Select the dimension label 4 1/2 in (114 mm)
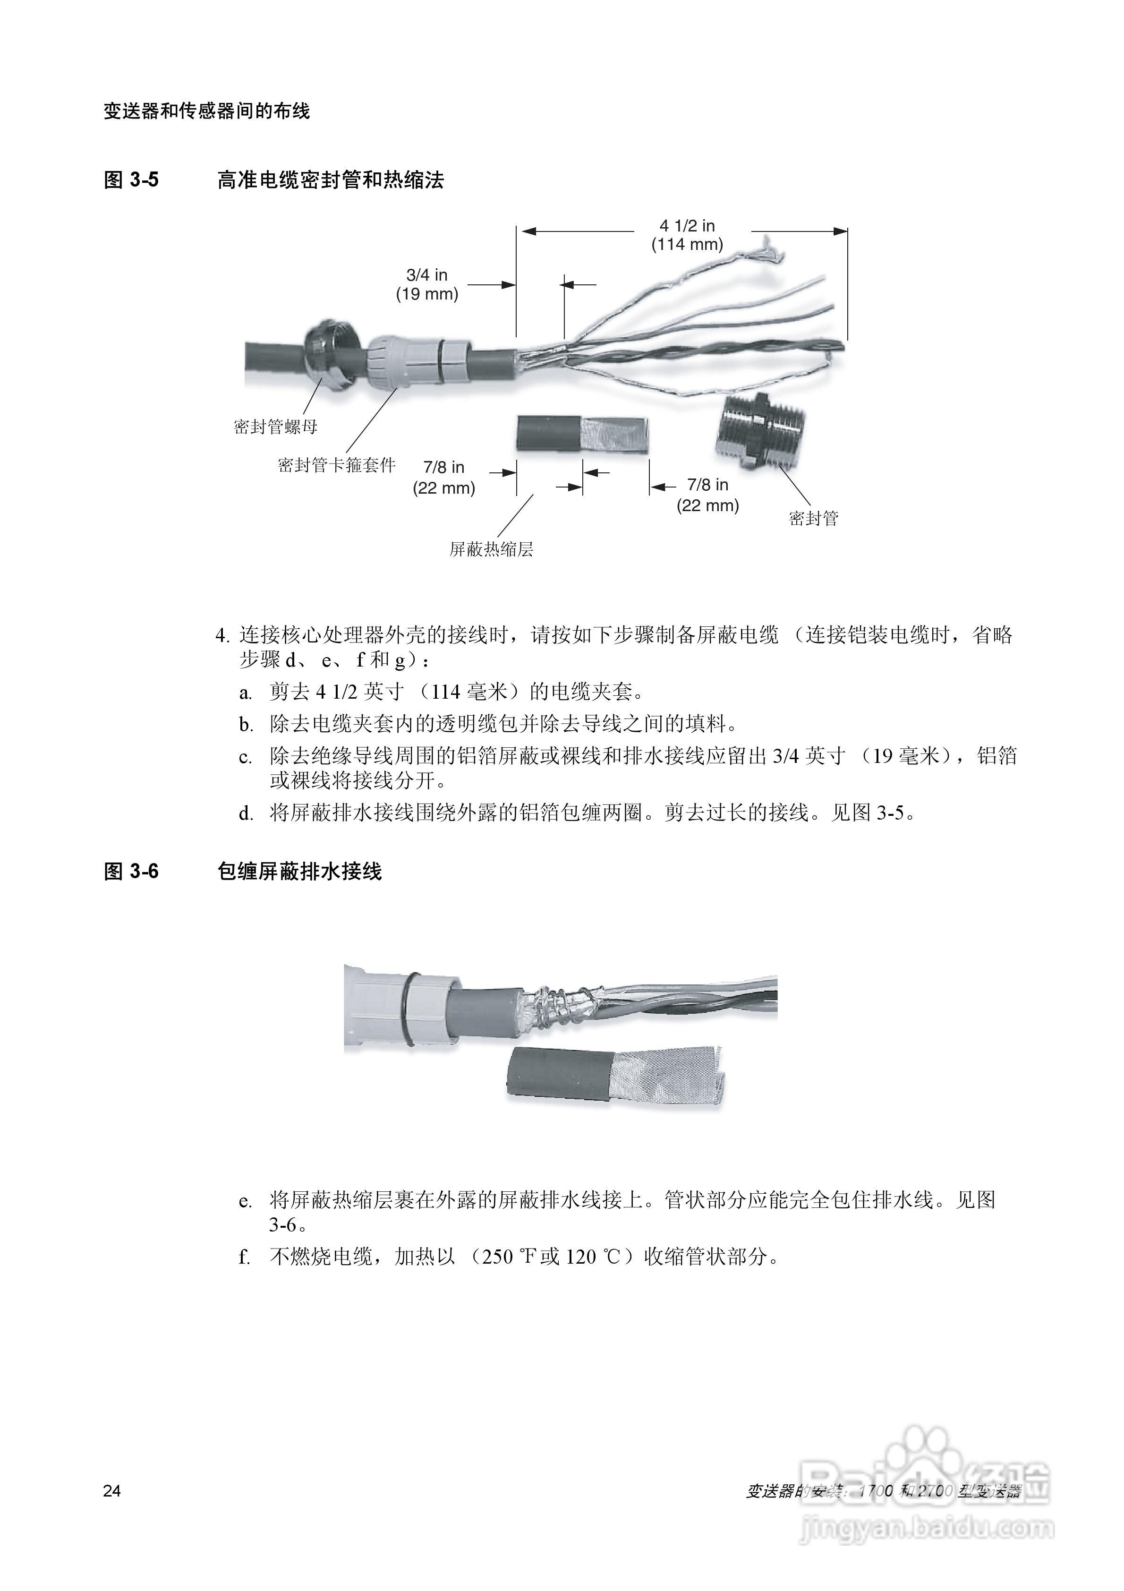(687, 235)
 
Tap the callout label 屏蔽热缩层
(491, 549)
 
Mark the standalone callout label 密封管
(814, 518)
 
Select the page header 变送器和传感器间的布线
(206, 111)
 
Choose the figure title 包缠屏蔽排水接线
(299, 871)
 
